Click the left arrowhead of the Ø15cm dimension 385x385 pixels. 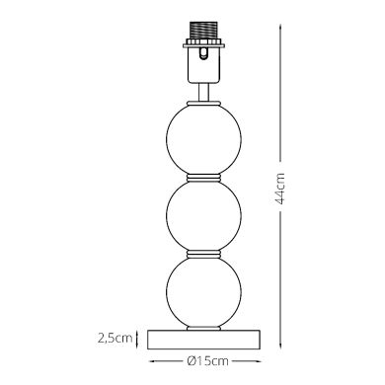pos(149,359)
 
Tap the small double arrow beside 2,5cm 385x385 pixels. pos(139,338)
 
